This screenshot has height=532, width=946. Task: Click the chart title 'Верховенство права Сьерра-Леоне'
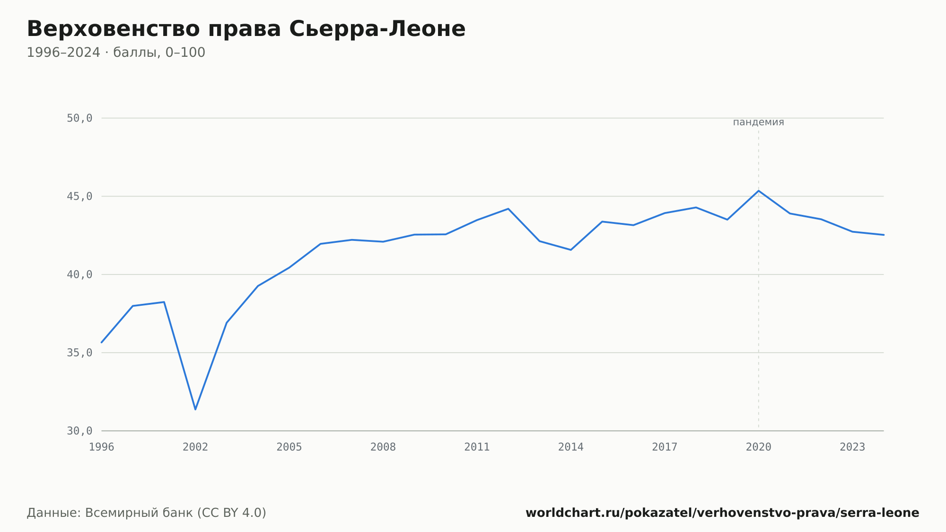pyautogui.click(x=246, y=29)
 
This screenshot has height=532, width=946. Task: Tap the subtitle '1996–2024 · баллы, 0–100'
pyautogui.click(x=116, y=53)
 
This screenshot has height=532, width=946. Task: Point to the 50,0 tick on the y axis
pyautogui.click(x=79, y=118)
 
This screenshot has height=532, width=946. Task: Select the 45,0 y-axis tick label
pyautogui.click(x=79, y=196)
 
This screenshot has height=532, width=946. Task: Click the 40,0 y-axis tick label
pyautogui.click(x=79, y=275)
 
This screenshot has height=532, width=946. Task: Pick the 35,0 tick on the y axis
pyautogui.click(x=79, y=353)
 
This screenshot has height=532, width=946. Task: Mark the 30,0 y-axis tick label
pyautogui.click(x=79, y=431)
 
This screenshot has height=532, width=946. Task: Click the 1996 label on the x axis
pyautogui.click(x=102, y=447)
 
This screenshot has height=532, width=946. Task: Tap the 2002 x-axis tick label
pyautogui.click(x=195, y=447)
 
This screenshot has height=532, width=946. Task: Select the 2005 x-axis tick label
pyautogui.click(x=289, y=447)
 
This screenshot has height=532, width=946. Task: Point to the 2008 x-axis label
pyautogui.click(x=383, y=447)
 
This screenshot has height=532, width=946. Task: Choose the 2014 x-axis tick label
pyautogui.click(x=571, y=447)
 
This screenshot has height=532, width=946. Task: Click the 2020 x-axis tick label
pyautogui.click(x=759, y=447)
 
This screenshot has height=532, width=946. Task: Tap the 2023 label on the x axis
pyautogui.click(x=852, y=447)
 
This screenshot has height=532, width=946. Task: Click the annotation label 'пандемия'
pyautogui.click(x=759, y=122)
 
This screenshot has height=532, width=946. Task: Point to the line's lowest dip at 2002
pyautogui.click(x=195, y=409)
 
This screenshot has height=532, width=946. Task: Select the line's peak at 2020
pyautogui.click(x=759, y=191)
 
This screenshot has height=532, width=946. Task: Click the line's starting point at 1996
pyautogui.click(x=102, y=342)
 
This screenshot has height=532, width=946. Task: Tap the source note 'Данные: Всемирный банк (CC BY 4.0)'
pyautogui.click(x=147, y=513)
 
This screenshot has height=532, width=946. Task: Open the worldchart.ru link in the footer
pyautogui.click(x=722, y=513)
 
